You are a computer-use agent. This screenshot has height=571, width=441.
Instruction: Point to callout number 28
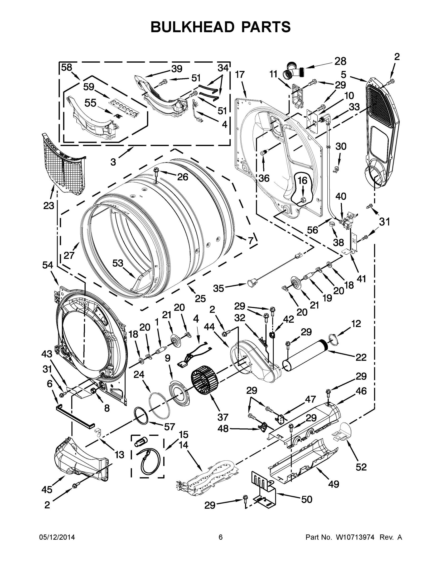tap(340, 61)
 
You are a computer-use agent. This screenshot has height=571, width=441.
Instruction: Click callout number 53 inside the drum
tap(118, 263)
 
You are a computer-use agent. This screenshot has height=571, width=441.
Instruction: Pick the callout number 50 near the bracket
tap(306, 500)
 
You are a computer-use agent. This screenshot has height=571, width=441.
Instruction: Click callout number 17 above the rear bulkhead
tap(240, 74)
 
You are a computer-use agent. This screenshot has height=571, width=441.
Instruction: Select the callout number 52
tap(361, 467)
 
